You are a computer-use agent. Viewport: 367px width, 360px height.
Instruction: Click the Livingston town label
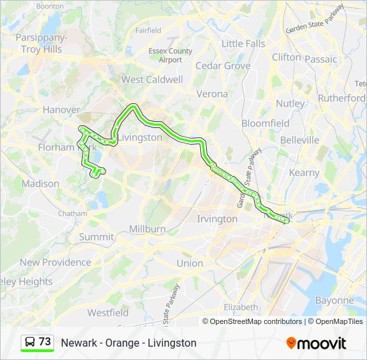point(140,137)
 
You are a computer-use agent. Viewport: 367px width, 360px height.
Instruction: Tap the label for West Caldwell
point(151,79)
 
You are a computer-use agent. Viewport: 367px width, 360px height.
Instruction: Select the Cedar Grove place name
point(223,66)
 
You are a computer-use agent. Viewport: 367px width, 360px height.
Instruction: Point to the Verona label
point(212,94)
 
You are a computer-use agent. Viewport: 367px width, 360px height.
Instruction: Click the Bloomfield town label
point(265,123)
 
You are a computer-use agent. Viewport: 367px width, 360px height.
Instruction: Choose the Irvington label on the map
point(217,219)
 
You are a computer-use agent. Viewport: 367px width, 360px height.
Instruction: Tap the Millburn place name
point(147,229)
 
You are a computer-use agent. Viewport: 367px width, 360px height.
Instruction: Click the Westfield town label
point(107,312)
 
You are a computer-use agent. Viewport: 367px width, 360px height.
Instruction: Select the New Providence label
point(55,262)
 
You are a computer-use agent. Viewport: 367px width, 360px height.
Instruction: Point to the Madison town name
point(40,183)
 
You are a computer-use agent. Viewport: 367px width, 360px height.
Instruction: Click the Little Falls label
point(243,43)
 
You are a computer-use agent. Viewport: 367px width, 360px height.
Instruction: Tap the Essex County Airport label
point(171,55)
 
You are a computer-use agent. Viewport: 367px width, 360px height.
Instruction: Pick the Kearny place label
point(304,173)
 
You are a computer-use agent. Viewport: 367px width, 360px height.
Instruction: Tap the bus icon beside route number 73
point(30,342)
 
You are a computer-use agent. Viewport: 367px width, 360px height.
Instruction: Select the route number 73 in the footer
point(45,342)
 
